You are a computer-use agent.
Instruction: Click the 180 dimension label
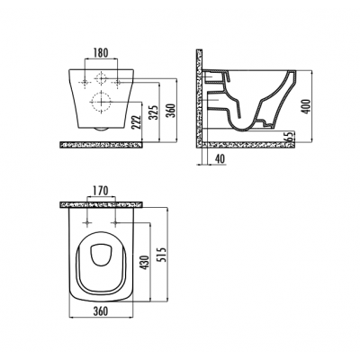(100, 53)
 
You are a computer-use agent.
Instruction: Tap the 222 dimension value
(137, 122)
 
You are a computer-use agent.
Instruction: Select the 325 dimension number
(153, 112)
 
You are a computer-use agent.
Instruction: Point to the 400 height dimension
(306, 106)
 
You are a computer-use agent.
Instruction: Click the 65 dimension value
(290, 137)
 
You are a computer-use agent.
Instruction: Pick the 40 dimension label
(220, 158)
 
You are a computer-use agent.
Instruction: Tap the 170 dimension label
(100, 190)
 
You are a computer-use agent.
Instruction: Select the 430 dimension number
(145, 262)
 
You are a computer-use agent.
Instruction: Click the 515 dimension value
(161, 254)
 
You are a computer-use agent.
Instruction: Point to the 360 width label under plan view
(101, 310)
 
